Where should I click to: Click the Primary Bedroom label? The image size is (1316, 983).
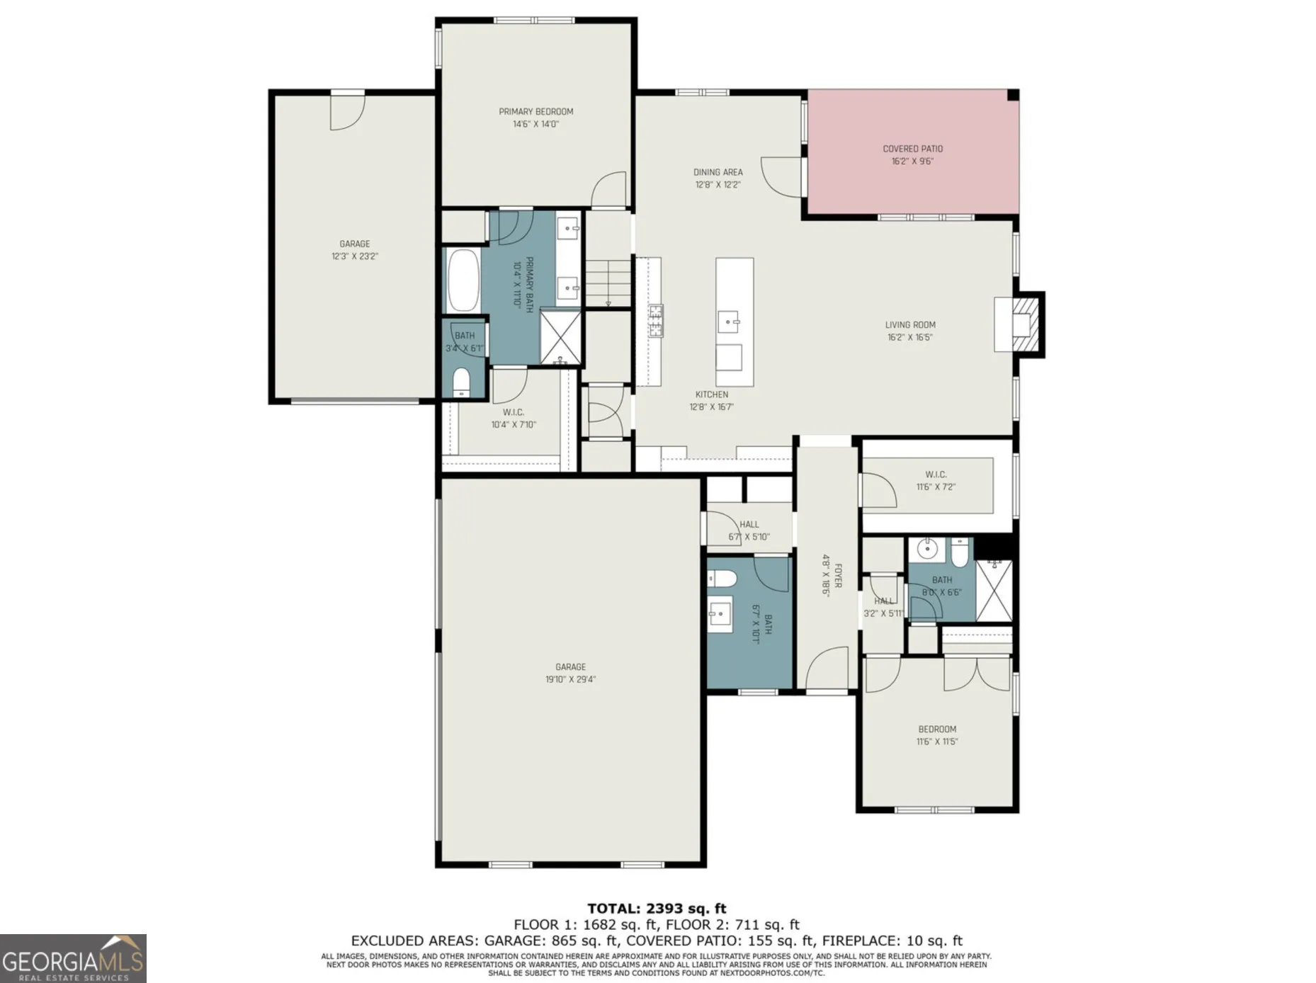pyautogui.click(x=536, y=112)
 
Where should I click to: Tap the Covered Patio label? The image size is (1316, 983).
pyautogui.click(x=912, y=149)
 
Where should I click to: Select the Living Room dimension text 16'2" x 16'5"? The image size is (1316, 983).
pyautogui.click(x=910, y=337)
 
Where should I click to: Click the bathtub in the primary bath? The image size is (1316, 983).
pyautogui.click(x=463, y=280)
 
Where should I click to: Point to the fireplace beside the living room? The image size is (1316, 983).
pyautogui.click(x=1020, y=324)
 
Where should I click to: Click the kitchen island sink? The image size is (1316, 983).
pyautogui.click(x=730, y=322)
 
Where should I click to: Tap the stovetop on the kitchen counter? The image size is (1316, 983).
pyautogui.click(x=656, y=320)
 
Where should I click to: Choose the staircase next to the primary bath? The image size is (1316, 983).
pyautogui.click(x=608, y=283)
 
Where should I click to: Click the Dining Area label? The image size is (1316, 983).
pyautogui.click(x=717, y=172)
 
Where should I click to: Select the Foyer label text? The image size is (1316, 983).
pyautogui.click(x=838, y=576)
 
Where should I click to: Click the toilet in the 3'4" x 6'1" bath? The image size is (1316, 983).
pyautogui.click(x=461, y=383)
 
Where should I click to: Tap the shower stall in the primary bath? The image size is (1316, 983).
pyautogui.click(x=560, y=337)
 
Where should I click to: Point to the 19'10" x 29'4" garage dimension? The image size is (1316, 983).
pyautogui.click(x=570, y=679)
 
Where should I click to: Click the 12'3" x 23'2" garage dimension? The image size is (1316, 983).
pyautogui.click(x=354, y=256)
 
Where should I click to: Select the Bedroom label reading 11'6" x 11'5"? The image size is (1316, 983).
pyautogui.click(x=937, y=729)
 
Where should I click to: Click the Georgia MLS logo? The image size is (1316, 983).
pyautogui.click(x=73, y=958)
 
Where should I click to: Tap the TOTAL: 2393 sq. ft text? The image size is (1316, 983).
pyautogui.click(x=657, y=909)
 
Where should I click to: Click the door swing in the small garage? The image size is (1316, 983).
pyautogui.click(x=348, y=112)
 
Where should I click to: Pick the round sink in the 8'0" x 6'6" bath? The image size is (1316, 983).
pyautogui.click(x=927, y=548)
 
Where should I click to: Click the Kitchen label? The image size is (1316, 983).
pyautogui.click(x=711, y=394)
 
